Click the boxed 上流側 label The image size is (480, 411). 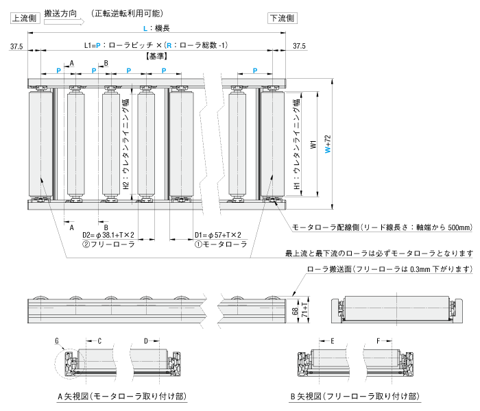[x=24, y=18]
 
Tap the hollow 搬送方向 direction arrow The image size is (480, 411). [x=62, y=21]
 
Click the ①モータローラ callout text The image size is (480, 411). [x=219, y=245]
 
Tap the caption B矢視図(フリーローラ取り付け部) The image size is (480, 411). [x=355, y=397]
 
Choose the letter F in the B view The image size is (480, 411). [x=379, y=340]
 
